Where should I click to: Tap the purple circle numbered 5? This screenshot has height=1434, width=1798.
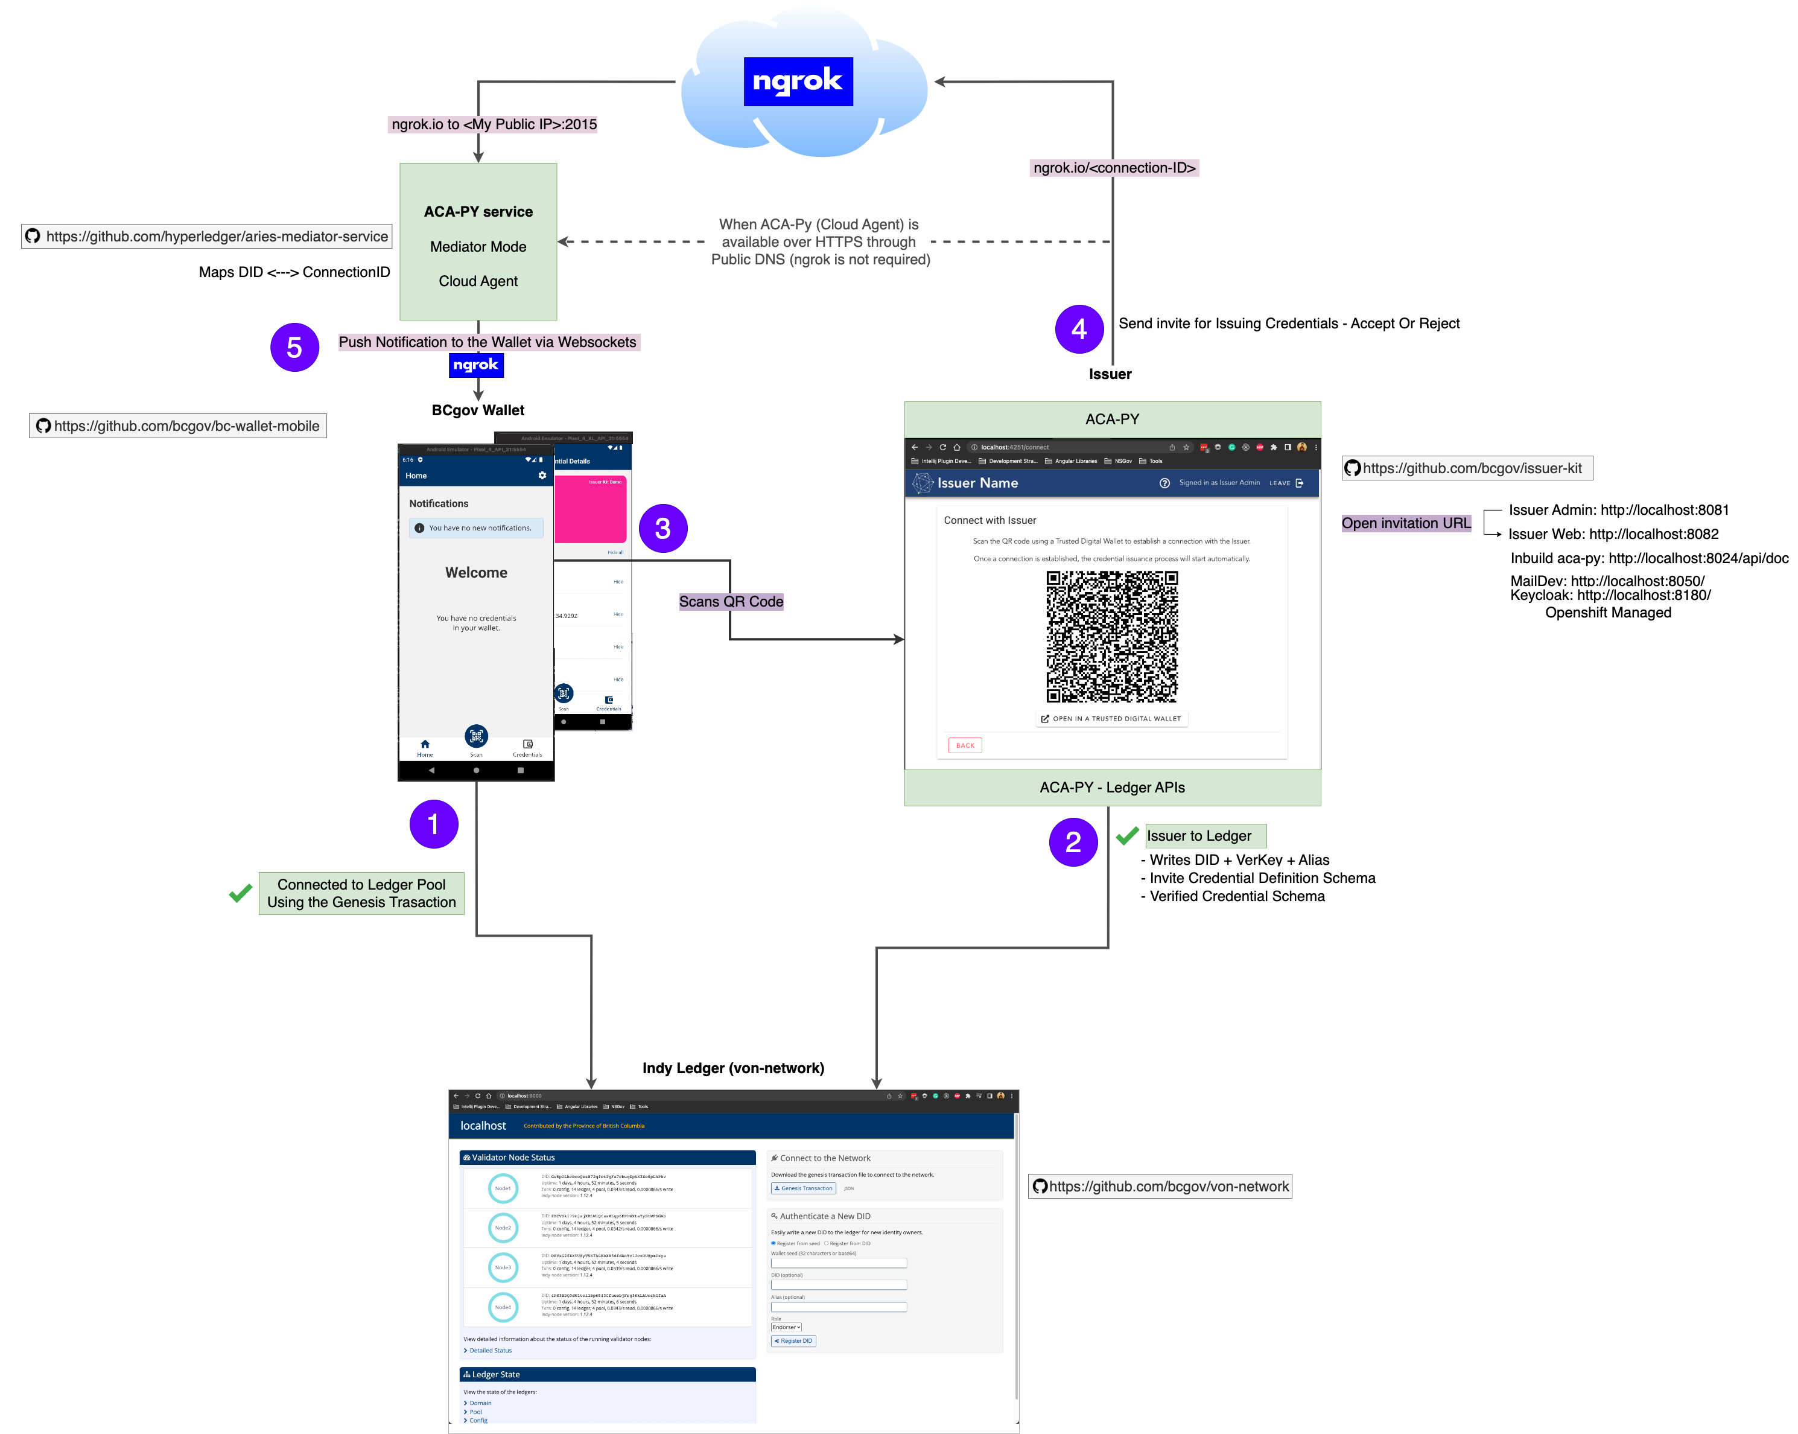294,347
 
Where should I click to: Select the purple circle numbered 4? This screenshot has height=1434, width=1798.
1078,329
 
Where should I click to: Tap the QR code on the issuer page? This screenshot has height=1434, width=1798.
1111,637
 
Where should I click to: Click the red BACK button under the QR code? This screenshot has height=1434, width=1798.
965,745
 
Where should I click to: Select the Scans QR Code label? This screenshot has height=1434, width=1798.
731,602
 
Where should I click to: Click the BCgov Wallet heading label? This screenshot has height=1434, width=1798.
478,410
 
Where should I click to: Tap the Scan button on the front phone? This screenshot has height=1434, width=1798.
476,738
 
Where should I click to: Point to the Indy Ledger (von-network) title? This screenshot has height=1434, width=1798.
733,1068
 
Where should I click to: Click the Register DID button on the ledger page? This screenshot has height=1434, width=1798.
793,1340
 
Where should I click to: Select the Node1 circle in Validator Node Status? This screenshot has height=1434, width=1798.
503,1188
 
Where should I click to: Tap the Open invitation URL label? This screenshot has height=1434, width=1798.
1406,523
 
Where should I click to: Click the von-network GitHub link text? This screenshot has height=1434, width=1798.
1168,1186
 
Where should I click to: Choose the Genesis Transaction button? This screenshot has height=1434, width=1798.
803,1188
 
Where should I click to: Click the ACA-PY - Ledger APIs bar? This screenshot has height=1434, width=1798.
1111,788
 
